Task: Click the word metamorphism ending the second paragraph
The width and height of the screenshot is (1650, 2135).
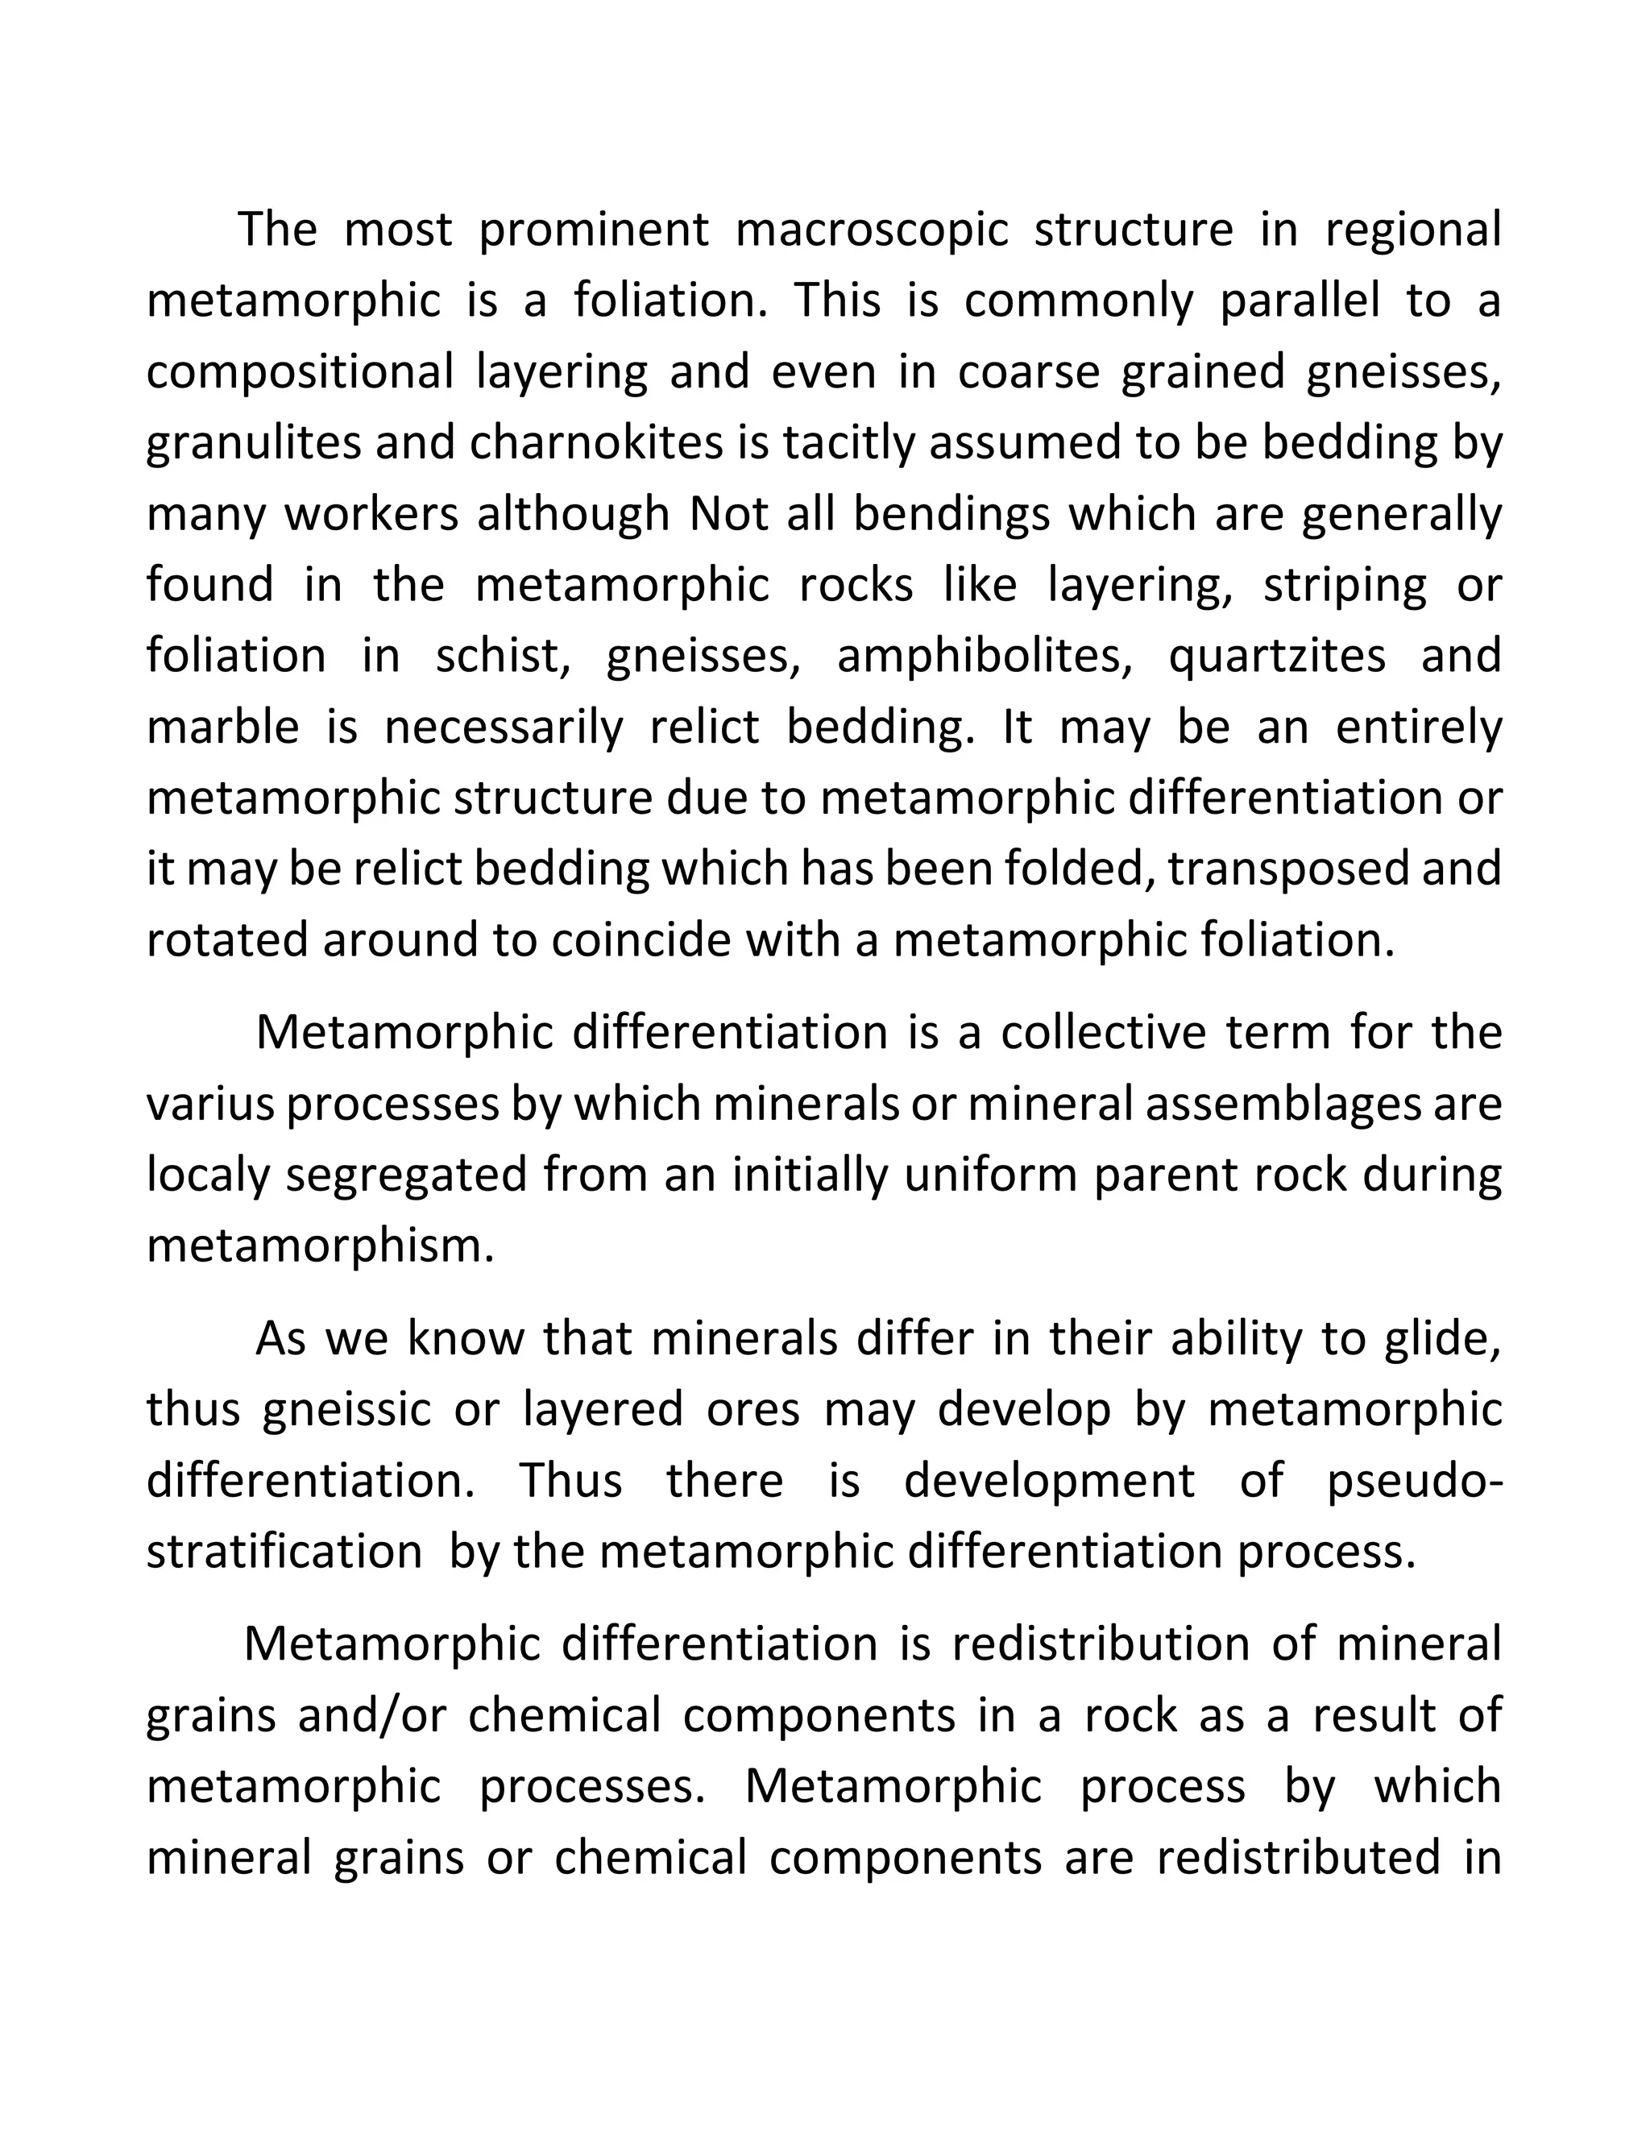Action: (x=320, y=1247)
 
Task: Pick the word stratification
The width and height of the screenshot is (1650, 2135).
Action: (x=284, y=1553)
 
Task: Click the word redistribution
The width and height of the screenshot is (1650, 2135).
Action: (x=1101, y=1646)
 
